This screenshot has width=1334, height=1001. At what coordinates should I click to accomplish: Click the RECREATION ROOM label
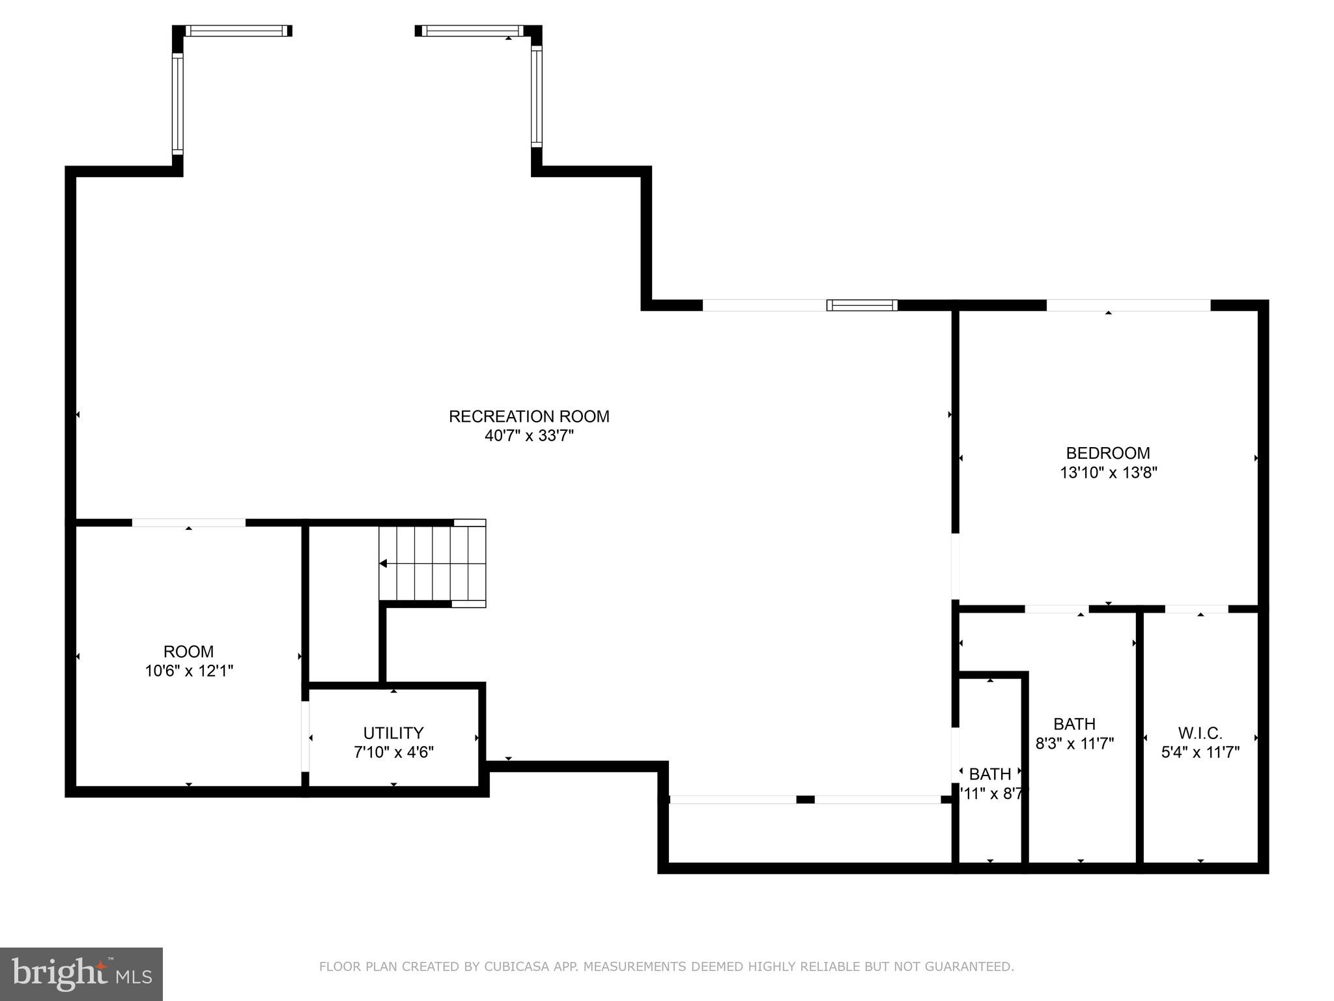[529, 416]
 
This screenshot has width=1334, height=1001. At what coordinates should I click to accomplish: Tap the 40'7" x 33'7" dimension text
[529, 436]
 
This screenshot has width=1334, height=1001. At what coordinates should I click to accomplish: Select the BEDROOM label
[1108, 453]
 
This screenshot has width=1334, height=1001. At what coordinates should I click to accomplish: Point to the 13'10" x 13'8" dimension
[1108, 472]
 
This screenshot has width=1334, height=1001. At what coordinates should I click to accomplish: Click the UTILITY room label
[393, 733]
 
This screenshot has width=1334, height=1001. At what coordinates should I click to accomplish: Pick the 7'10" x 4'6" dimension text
[393, 752]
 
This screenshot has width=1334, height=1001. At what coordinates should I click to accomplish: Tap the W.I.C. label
[1200, 733]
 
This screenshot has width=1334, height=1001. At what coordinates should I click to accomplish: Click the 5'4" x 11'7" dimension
[1200, 752]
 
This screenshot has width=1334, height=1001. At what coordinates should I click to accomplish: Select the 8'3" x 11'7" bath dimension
[1075, 743]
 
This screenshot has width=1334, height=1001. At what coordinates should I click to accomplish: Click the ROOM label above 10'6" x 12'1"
[188, 651]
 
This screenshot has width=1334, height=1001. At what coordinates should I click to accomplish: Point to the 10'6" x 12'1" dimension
[188, 671]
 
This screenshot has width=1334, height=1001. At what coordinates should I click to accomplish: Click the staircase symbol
[433, 564]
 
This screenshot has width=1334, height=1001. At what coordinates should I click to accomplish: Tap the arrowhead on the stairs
[384, 564]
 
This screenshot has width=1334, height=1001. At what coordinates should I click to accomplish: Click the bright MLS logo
[81, 974]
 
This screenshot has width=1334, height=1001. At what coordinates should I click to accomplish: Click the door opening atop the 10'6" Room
[189, 523]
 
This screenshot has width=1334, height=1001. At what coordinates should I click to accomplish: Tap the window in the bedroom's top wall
[1128, 305]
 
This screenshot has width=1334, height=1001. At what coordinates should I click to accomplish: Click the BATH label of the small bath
[990, 774]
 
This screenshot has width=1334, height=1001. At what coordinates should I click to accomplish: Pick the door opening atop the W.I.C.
[1197, 609]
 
